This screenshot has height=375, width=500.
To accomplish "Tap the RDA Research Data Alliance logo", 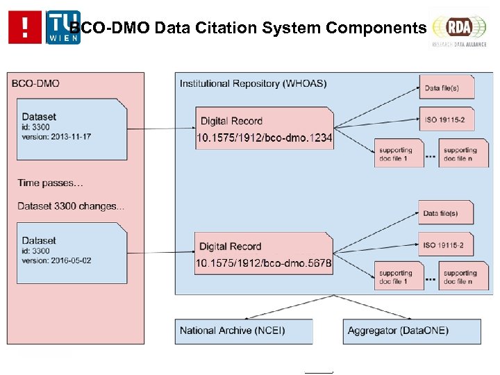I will (x=458, y=28).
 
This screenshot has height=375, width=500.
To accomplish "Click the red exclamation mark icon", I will (x=25, y=27).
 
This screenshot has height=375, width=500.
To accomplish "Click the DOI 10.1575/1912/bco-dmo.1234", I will (x=264, y=139).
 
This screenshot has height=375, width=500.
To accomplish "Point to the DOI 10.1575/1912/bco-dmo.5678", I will (x=264, y=263).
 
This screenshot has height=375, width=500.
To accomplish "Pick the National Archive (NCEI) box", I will (x=243, y=331).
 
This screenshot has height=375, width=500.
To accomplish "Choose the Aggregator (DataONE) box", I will (x=411, y=331).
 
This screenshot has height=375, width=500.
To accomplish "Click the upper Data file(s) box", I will (x=447, y=88).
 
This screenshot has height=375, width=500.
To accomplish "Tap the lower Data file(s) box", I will (x=447, y=213).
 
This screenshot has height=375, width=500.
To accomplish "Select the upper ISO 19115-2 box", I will (x=447, y=119).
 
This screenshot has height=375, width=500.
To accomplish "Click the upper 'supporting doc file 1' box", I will (x=398, y=153).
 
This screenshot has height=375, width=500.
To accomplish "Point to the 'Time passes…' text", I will (x=50, y=183).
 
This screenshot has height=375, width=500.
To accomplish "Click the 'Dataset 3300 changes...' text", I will (x=71, y=206).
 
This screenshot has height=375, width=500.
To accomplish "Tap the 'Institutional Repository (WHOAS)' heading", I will (x=253, y=83).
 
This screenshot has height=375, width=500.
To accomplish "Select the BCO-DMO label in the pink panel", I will (x=35, y=83).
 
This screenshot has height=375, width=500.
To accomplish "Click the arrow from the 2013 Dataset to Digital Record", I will (x=162, y=128).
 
